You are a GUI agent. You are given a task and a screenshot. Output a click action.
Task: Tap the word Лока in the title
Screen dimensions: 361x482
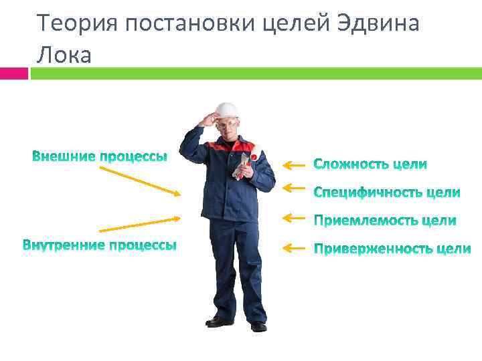(64, 55)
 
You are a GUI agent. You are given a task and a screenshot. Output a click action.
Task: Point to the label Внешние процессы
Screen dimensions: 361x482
(100, 157)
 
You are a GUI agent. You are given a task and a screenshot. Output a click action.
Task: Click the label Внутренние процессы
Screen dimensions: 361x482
(100, 245)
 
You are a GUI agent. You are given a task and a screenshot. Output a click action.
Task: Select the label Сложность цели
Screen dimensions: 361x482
(370, 164)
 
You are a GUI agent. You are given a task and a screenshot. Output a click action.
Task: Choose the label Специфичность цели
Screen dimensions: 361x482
(387, 193)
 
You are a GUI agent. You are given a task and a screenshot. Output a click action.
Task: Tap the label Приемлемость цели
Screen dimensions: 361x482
(385, 220)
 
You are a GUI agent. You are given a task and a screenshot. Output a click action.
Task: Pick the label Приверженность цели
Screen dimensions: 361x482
(392, 249)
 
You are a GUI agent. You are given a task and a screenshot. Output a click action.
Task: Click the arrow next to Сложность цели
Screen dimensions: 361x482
(294, 164)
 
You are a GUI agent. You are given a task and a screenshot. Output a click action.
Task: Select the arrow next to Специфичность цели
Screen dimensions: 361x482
(294, 190)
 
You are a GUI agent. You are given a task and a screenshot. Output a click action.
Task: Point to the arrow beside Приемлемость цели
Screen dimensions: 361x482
(294, 218)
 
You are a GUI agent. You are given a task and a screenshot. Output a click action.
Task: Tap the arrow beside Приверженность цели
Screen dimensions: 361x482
(294, 248)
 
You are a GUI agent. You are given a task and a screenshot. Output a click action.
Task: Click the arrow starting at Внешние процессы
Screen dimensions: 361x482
(140, 180)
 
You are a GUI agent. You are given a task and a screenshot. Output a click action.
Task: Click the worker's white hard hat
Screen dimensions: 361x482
(227, 110)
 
